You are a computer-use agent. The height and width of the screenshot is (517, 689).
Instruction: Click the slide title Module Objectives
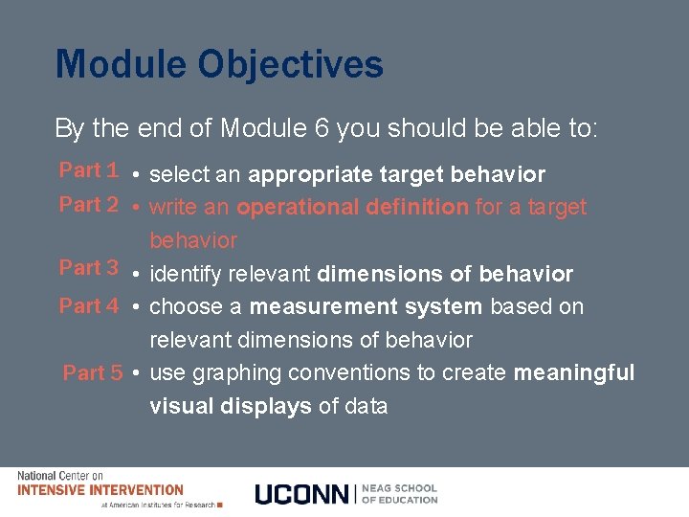[x=219, y=65]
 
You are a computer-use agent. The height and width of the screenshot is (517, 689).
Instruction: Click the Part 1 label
[x=89, y=170]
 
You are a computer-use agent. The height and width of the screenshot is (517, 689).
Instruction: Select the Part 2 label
[x=89, y=205]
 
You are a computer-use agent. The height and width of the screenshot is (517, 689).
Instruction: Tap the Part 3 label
[x=89, y=268]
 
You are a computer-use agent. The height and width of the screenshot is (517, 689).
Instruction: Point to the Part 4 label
[x=89, y=306]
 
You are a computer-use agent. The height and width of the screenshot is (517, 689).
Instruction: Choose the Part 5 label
[x=93, y=373]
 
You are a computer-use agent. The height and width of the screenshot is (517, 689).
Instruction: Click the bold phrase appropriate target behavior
[x=396, y=175]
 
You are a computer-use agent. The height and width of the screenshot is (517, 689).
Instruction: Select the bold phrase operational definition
[x=352, y=207]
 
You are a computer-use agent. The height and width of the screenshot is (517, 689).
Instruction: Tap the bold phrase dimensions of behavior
[x=445, y=275]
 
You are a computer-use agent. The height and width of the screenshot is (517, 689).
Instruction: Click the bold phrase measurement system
[x=366, y=307]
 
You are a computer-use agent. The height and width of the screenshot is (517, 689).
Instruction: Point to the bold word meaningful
[x=574, y=372]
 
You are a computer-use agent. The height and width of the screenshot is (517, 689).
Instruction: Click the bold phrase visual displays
[x=230, y=406]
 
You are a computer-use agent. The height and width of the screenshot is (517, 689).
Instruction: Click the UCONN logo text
[x=302, y=494]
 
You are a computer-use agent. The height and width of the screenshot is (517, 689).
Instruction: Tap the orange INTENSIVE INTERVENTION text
[x=100, y=490]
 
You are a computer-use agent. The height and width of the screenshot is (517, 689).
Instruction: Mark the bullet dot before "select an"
[x=139, y=176]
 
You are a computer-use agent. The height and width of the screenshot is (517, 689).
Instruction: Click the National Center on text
[x=59, y=476]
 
